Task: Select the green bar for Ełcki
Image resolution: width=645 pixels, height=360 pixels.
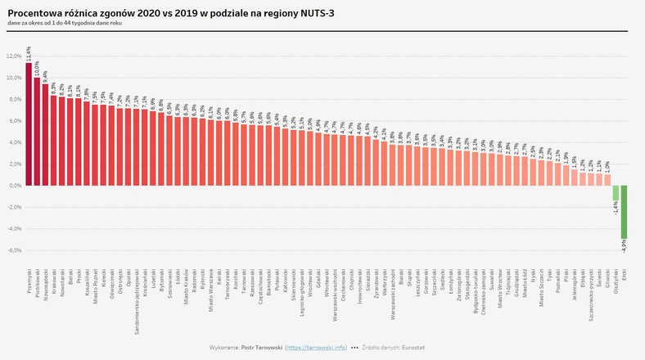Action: tap(624, 212)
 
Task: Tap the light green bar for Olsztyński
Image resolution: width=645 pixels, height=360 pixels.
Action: tap(616, 193)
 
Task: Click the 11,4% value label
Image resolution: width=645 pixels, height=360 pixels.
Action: tap(29, 54)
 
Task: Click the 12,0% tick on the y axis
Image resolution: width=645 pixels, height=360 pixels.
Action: tap(13, 56)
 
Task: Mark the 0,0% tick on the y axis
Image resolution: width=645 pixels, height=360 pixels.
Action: tap(14, 186)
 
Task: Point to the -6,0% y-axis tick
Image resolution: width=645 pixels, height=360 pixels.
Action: tap(13, 250)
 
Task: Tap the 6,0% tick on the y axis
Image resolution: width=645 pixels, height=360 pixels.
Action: tap(14, 121)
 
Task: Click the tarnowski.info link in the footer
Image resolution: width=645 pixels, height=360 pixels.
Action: tap(315, 348)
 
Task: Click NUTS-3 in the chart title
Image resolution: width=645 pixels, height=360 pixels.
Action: tap(312, 14)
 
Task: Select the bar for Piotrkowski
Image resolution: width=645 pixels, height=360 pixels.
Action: tap(38, 132)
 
